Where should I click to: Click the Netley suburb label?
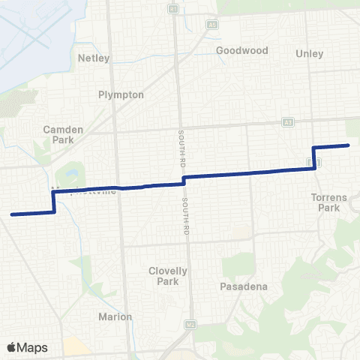coord(94,58)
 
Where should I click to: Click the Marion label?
coord(115,316)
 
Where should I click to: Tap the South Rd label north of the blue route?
coord(181,146)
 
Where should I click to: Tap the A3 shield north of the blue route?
coord(287,121)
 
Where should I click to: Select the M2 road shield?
coord(190,325)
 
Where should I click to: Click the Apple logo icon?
coord(12,346)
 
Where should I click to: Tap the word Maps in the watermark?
coord(34,347)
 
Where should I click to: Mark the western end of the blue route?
coord(12,214)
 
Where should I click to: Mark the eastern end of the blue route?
coord(348,145)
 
